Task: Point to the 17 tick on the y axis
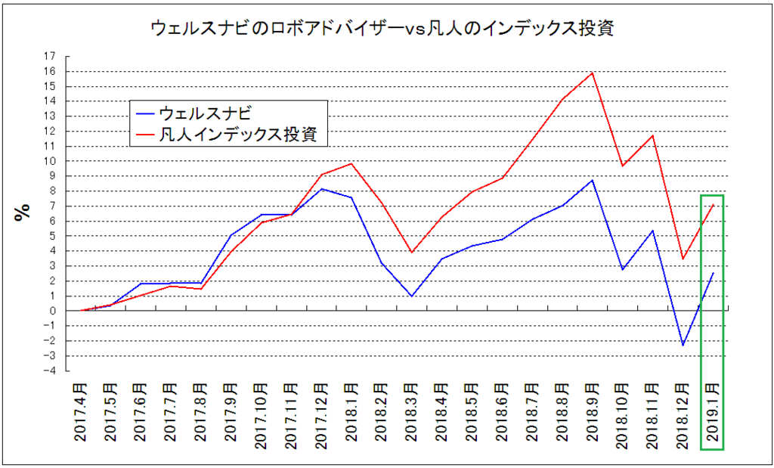(50, 56)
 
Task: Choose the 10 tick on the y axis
(50, 161)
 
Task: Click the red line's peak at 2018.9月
(592, 73)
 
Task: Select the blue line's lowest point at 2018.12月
(683, 346)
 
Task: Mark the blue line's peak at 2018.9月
(592, 180)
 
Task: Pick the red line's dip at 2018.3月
(410, 253)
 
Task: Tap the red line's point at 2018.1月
(351, 163)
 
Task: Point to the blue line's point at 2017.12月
(320, 189)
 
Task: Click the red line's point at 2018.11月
(652, 135)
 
